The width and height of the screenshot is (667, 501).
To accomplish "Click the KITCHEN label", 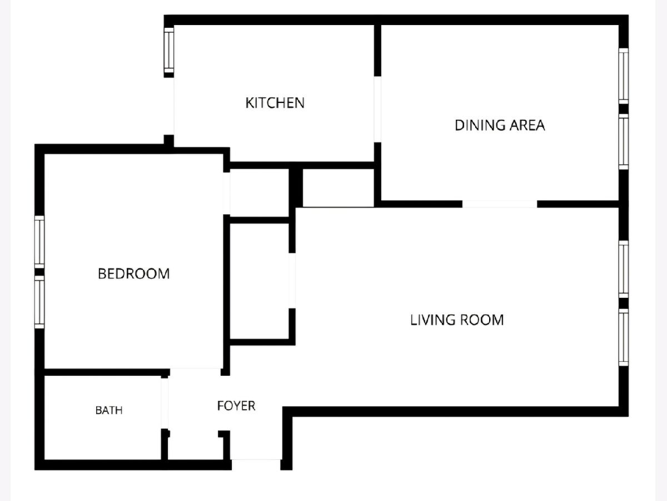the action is (x=275, y=103).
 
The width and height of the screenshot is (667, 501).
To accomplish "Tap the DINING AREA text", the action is (x=500, y=125).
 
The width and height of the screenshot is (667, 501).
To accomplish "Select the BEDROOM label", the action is (x=134, y=274).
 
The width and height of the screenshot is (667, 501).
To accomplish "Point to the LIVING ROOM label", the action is (x=457, y=320).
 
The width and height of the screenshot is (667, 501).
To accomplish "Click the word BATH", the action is (x=109, y=410).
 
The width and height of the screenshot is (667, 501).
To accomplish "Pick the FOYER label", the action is (x=236, y=406).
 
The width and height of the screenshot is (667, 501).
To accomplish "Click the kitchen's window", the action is (x=169, y=50).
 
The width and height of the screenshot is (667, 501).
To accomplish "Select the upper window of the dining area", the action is (x=624, y=76).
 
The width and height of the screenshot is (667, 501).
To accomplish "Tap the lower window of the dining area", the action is (x=624, y=142).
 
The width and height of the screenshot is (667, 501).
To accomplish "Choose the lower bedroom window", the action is (x=39, y=302).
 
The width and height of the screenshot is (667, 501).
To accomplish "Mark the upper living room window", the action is (x=624, y=269).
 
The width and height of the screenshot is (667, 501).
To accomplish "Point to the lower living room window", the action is (x=624, y=337).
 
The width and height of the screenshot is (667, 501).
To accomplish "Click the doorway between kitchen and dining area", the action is (x=377, y=109).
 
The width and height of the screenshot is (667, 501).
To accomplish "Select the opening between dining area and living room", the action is (x=500, y=204).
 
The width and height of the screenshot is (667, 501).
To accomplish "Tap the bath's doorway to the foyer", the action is (x=165, y=404).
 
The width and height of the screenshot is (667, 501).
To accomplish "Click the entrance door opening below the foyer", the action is (x=256, y=464).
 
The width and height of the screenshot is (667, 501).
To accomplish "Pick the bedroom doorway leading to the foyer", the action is (x=196, y=372).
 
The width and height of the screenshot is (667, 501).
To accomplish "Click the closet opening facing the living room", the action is (x=292, y=281).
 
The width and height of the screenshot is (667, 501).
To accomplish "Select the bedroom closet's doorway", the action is (x=226, y=194).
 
